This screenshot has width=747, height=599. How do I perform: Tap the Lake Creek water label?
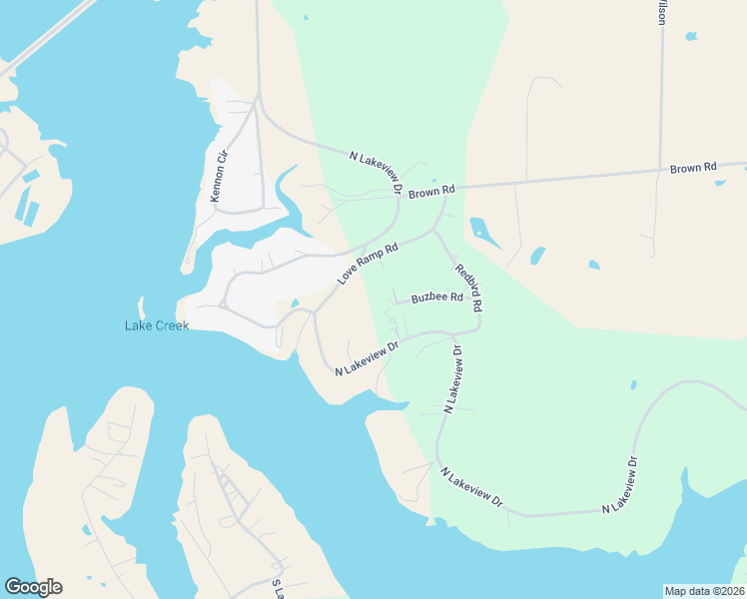(157, 325)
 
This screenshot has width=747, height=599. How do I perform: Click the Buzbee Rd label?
(436, 298)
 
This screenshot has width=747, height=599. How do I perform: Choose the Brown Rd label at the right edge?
(693, 169)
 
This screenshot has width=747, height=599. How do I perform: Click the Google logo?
(33, 587)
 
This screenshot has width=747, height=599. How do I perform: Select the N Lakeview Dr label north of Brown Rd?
(375, 172)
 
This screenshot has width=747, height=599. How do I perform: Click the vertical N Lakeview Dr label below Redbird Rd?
(452, 379)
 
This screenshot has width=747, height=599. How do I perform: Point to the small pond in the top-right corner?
(690, 37)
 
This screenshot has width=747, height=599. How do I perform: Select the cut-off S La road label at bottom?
(279, 588)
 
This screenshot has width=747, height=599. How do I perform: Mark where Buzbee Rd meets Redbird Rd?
(478, 299)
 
